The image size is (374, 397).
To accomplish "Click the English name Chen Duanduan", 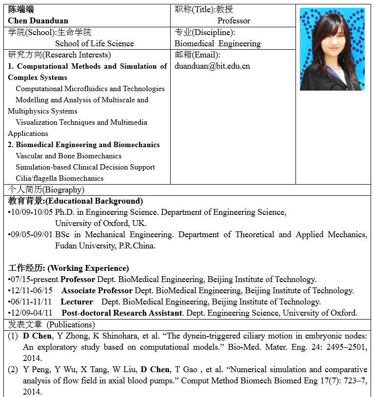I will point(38,20).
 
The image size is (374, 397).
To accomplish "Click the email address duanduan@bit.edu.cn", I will point(212,66).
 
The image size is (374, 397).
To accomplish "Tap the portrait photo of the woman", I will point(332,50).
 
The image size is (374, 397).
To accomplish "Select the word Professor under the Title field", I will point(234,20).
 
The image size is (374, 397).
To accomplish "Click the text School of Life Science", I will point(94,43).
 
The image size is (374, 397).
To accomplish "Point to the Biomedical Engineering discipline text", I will point(217,43).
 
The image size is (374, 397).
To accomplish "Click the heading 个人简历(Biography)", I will point(46,189).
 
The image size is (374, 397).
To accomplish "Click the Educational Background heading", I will point(76,201).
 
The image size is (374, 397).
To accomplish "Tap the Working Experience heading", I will point(69,268).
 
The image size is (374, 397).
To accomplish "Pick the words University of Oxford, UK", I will point(100,223).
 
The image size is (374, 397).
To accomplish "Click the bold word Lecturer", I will point(77,302).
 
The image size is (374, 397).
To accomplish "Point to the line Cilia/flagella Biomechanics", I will point(59,178).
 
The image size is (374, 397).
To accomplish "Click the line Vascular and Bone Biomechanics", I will point(68,156).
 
